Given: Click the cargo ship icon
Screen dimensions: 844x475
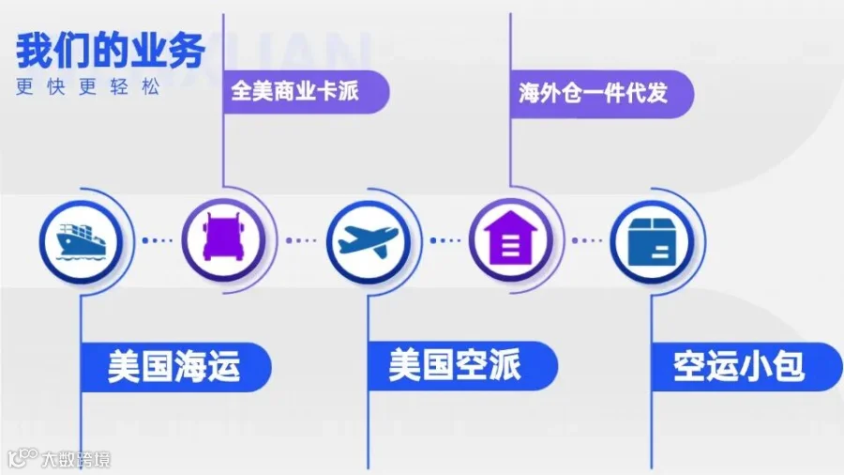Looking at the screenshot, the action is [81, 240].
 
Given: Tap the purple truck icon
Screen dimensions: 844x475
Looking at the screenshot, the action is [223, 238].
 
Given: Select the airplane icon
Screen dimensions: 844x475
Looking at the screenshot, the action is [369, 239].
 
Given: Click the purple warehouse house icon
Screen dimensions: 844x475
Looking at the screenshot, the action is [511, 238].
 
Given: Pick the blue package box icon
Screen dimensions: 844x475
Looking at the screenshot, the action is [653, 240].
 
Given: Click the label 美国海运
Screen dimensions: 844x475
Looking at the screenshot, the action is [173, 367].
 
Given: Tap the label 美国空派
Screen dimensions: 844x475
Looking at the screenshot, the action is [455, 365].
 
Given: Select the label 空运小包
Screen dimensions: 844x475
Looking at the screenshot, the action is [739, 367].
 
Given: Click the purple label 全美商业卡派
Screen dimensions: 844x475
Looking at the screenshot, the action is [295, 91].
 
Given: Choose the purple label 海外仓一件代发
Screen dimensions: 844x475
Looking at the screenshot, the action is [594, 93].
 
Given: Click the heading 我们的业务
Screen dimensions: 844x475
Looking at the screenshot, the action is [111, 52].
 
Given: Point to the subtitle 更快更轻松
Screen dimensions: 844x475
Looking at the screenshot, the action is [88, 86].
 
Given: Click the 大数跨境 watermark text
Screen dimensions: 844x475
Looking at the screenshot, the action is [76, 459].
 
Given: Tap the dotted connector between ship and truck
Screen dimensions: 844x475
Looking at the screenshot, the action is [157, 240].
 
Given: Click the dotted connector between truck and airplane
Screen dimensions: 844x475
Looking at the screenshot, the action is [301, 240].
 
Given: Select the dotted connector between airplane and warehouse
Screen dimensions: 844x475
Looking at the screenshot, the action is [445, 240].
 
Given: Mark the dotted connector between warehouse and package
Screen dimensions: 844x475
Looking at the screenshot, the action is [587, 240].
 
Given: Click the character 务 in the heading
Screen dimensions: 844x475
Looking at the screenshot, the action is [187, 52].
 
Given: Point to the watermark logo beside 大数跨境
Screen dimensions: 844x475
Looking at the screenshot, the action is [23, 458].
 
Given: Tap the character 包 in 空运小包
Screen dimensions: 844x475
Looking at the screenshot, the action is [788, 367].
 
